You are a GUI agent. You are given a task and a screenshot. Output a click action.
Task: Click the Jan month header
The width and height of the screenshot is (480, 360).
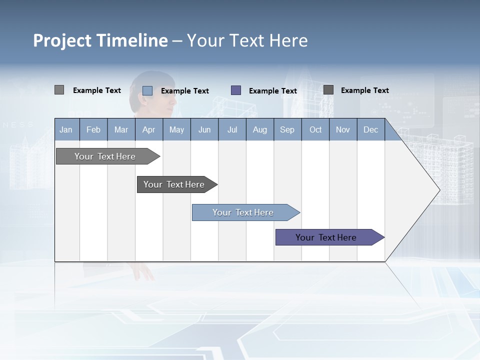66,129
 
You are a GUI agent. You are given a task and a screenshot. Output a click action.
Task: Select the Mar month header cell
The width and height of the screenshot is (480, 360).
121,129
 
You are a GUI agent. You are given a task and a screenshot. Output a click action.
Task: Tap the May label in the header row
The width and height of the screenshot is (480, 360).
176,129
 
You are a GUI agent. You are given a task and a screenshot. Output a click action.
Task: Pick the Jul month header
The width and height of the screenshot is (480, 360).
232,129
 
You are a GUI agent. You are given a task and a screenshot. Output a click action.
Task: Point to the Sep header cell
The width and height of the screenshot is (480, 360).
287,129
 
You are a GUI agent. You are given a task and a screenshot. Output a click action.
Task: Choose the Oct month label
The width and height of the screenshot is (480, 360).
315,129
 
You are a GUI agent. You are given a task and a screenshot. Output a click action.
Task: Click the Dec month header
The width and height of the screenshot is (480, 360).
370,129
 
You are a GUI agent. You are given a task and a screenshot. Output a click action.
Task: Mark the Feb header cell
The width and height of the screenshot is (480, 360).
93,129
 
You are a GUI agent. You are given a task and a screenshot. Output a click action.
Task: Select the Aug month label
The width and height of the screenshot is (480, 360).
259,129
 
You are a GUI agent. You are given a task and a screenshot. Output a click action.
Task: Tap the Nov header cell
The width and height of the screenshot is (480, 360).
343,129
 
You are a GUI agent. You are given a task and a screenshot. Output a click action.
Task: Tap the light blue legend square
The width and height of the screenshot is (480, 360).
147,90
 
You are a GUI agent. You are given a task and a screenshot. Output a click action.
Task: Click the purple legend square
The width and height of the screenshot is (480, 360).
236,90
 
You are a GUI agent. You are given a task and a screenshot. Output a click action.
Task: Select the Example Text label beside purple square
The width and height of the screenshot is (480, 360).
272,91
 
